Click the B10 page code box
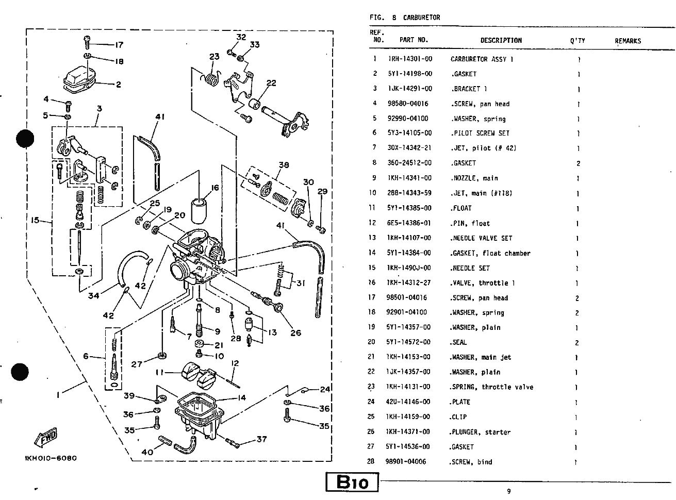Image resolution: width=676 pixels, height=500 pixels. pos(353,483)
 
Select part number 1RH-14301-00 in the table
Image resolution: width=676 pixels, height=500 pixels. pos(410,59)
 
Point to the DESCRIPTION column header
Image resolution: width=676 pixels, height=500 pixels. pos(501,40)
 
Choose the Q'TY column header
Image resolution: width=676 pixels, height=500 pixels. pos(578,41)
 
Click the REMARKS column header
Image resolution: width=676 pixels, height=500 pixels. pos(628,41)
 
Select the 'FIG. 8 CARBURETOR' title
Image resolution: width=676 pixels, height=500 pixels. pos(405,18)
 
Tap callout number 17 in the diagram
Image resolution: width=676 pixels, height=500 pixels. pos(119,45)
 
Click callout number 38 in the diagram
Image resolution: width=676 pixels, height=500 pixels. pos(283,165)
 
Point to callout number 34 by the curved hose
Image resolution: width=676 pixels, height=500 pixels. pos(93,296)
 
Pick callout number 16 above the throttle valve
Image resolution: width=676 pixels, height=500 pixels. pos(215,188)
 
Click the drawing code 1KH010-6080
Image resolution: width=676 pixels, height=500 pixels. pos(51,458)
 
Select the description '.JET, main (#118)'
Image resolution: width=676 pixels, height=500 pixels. pos(481,193)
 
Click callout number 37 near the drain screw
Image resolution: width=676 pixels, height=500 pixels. pos(261,439)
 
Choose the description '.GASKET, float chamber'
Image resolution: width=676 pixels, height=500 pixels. pos(490,253)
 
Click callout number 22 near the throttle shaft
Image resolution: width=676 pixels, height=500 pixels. pos(271,83)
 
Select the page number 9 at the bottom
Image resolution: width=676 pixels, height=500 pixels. pos(509,491)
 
